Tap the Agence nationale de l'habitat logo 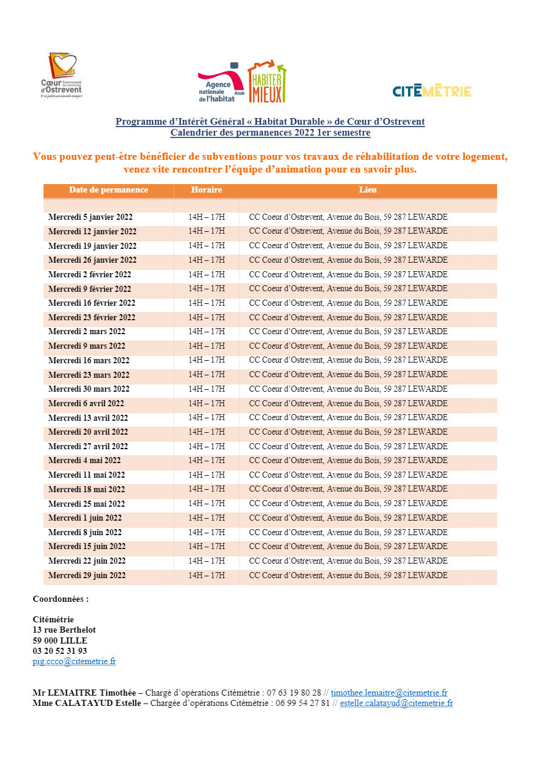(x=221, y=83)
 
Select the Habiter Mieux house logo (x=267, y=82)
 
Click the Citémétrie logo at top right (x=432, y=91)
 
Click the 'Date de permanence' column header (x=108, y=190)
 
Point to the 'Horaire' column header (x=206, y=190)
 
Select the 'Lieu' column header (x=367, y=190)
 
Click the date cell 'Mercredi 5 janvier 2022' (x=90, y=217)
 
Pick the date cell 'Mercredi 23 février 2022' (x=91, y=317)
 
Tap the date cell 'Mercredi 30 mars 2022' (x=88, y=389)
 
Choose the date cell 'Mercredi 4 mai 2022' (x=84, y=461)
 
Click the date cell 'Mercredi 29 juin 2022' (x=87, y=576)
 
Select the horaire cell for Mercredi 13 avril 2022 (x=206, y=418)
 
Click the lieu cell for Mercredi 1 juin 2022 (x=348, y=518)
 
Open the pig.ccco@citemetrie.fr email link (x=74, y=662)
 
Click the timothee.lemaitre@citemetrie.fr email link (x=389, y=693)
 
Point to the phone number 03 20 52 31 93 (x=60, y=651)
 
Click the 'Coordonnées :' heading (x=61, y=599)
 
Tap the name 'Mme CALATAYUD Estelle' (x=87, y=703)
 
